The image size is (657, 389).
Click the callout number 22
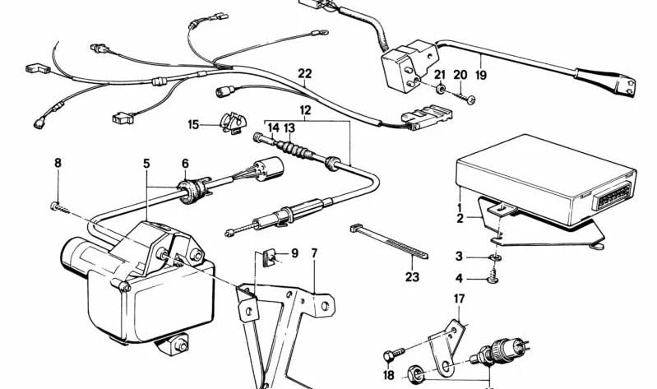tap(305, 74)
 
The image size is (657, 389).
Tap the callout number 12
tap(305, 109)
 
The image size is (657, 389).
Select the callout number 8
tap(58, 163)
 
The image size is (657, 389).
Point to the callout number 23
tap(411, 277)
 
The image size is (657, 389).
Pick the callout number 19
tap(480, 74)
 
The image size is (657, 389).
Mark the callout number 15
tap(193, 125)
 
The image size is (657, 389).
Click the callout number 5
tap(146, 163)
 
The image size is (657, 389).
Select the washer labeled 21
tap(442, 88)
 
